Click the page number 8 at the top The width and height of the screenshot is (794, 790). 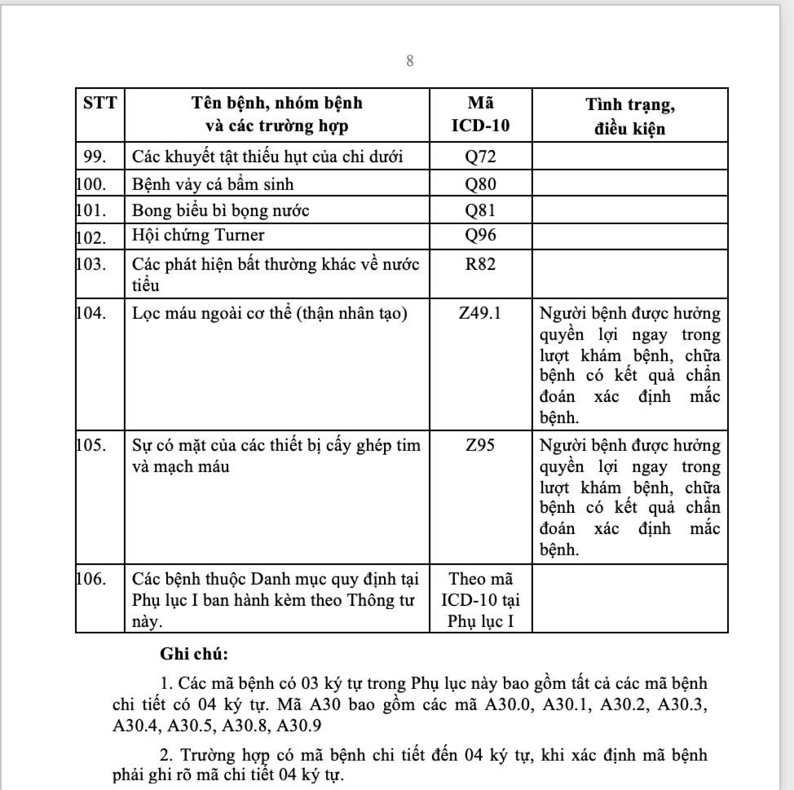(410, 60)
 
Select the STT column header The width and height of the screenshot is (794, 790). (99, 104)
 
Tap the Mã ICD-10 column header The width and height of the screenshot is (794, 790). (480, 116)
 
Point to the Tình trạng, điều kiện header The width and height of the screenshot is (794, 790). (629, 116)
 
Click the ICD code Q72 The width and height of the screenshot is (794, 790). (480, 157)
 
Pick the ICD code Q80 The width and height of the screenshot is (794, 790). (480, 183)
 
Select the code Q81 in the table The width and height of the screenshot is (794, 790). (480, 210)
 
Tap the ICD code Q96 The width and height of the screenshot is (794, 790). (480, 236)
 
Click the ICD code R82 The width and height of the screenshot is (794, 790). (480, 263)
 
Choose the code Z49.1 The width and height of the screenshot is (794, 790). (480, 313)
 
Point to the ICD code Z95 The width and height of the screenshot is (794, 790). (480, 446)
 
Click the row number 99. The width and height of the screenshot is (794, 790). (95, 157)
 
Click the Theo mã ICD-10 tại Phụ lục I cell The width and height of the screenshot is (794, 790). (480, 600)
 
